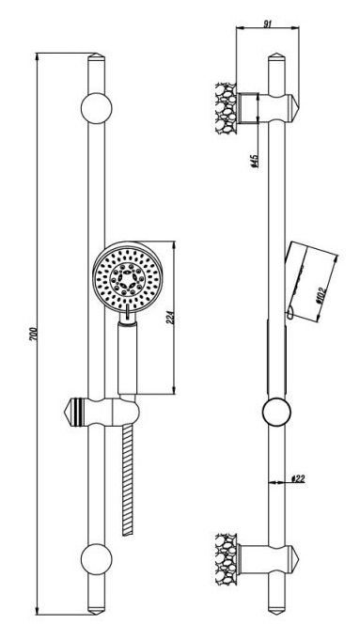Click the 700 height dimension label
click(35, 334)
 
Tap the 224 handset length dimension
click(171, 317)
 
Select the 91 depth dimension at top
click(267, 23)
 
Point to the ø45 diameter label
click(254, 161)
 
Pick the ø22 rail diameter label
click(298, 478)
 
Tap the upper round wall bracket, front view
click(96, 108)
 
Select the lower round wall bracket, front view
click(96, 559)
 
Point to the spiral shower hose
click(128, 480)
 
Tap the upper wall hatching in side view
click(227, 108)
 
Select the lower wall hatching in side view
click(227, 558)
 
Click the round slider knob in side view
click(276, 412)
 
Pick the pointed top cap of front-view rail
click(96, 57)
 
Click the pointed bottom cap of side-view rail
click(276, 610)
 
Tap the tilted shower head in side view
click(310, 282)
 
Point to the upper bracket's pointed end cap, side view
click(294, 108)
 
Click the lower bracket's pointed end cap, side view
click(294, 558)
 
